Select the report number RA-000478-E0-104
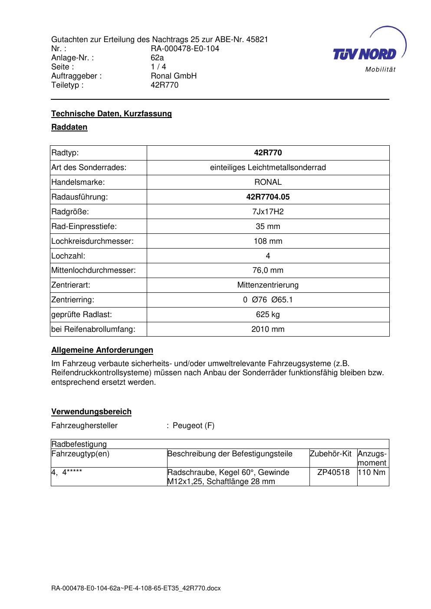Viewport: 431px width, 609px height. point(185,49)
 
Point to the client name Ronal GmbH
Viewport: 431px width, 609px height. point(174,76)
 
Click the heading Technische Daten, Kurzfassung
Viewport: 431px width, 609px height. point(112,114)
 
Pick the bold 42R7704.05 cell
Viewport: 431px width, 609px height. point(268,197)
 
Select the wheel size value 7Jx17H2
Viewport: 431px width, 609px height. point(268,212)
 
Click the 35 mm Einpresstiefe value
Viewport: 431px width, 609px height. point(268,226)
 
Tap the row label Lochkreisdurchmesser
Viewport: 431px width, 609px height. point(92,241)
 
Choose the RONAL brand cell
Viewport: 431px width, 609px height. point(268,182)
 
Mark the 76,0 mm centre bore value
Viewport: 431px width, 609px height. point(268,270)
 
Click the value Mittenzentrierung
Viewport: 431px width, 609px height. point(268,285)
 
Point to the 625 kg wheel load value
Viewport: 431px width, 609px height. point(268,314)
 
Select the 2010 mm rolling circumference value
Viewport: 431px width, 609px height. point(268,329)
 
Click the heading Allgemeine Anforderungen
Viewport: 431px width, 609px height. point(102,350)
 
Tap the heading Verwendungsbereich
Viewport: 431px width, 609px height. point(91,412)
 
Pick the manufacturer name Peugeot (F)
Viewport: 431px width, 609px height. point(194,426)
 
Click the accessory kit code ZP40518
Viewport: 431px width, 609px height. point(333,472)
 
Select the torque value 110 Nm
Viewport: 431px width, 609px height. point(373,472)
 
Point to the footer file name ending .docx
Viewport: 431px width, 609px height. point(136,589)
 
